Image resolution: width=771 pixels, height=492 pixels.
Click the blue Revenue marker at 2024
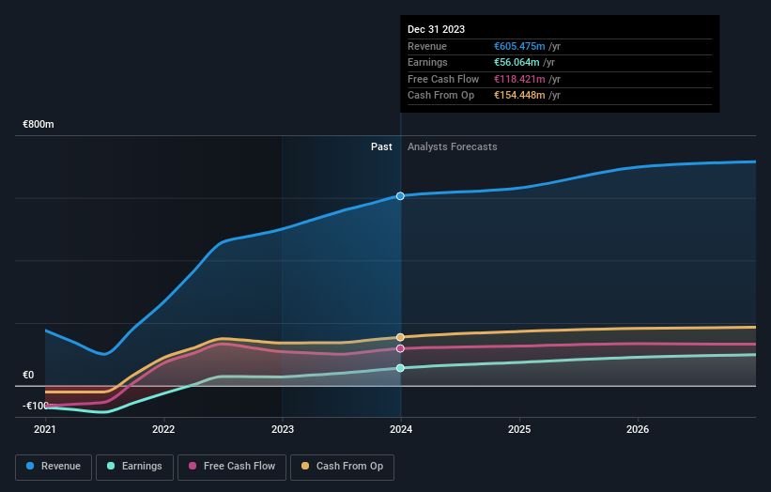[x=400, y=196]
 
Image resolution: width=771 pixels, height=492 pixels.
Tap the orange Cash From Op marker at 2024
[x=400, y=337]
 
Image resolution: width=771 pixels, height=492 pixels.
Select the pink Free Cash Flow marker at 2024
[x=400, y=348]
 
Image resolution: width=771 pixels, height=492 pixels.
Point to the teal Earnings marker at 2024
[x=400, y=368]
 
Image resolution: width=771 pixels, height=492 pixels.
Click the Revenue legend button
[x=54, y=466]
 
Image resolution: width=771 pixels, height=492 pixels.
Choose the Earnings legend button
[x=134, y=466]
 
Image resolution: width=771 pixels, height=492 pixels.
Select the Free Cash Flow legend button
[x=230, y=466]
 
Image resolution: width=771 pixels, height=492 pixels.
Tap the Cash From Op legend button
[x=343, y=466]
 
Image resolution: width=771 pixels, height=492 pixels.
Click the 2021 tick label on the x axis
[x=45, y=430]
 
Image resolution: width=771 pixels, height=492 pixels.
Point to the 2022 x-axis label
[x=163, y=430]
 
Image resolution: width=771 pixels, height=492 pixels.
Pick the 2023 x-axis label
[x=282, y=430]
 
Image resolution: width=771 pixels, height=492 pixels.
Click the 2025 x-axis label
[x=519, y=430]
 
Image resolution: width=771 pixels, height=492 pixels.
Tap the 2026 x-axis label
[x=638, y=430]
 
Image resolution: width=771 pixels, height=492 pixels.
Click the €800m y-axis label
[x=39, y=124]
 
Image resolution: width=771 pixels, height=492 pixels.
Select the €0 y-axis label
[x=28, y=375]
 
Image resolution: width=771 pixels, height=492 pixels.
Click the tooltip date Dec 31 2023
[x=436, y=30]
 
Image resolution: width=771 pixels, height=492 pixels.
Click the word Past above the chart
[x=381, y=146]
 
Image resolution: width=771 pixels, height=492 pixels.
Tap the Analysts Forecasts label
[x=452, y=146]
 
